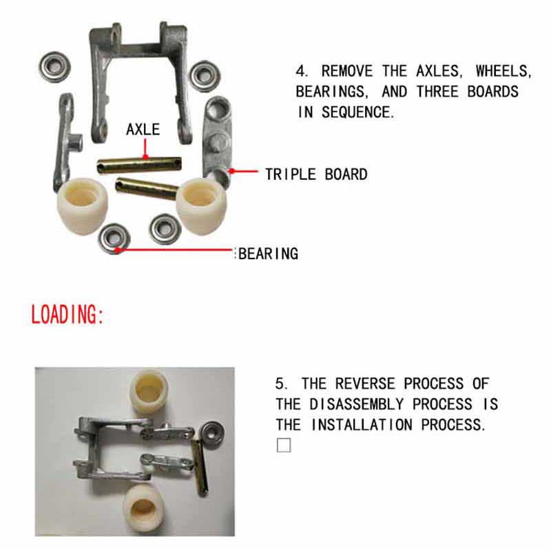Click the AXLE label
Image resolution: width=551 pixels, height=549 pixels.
[x=143, y=129]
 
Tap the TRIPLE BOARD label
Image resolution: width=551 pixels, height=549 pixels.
[x=316, y=174]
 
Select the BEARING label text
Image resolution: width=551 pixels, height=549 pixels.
[x=269, y=253]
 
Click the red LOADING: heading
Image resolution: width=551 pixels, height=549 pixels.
[x=67, y=315]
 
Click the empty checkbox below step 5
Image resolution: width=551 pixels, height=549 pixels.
[x=284, y=445]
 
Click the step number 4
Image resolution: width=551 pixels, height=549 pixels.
[x=301, y=71]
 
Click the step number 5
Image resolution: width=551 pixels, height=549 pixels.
[x=280, y=383]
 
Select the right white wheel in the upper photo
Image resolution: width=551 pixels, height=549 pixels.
[x=202, y=203]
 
